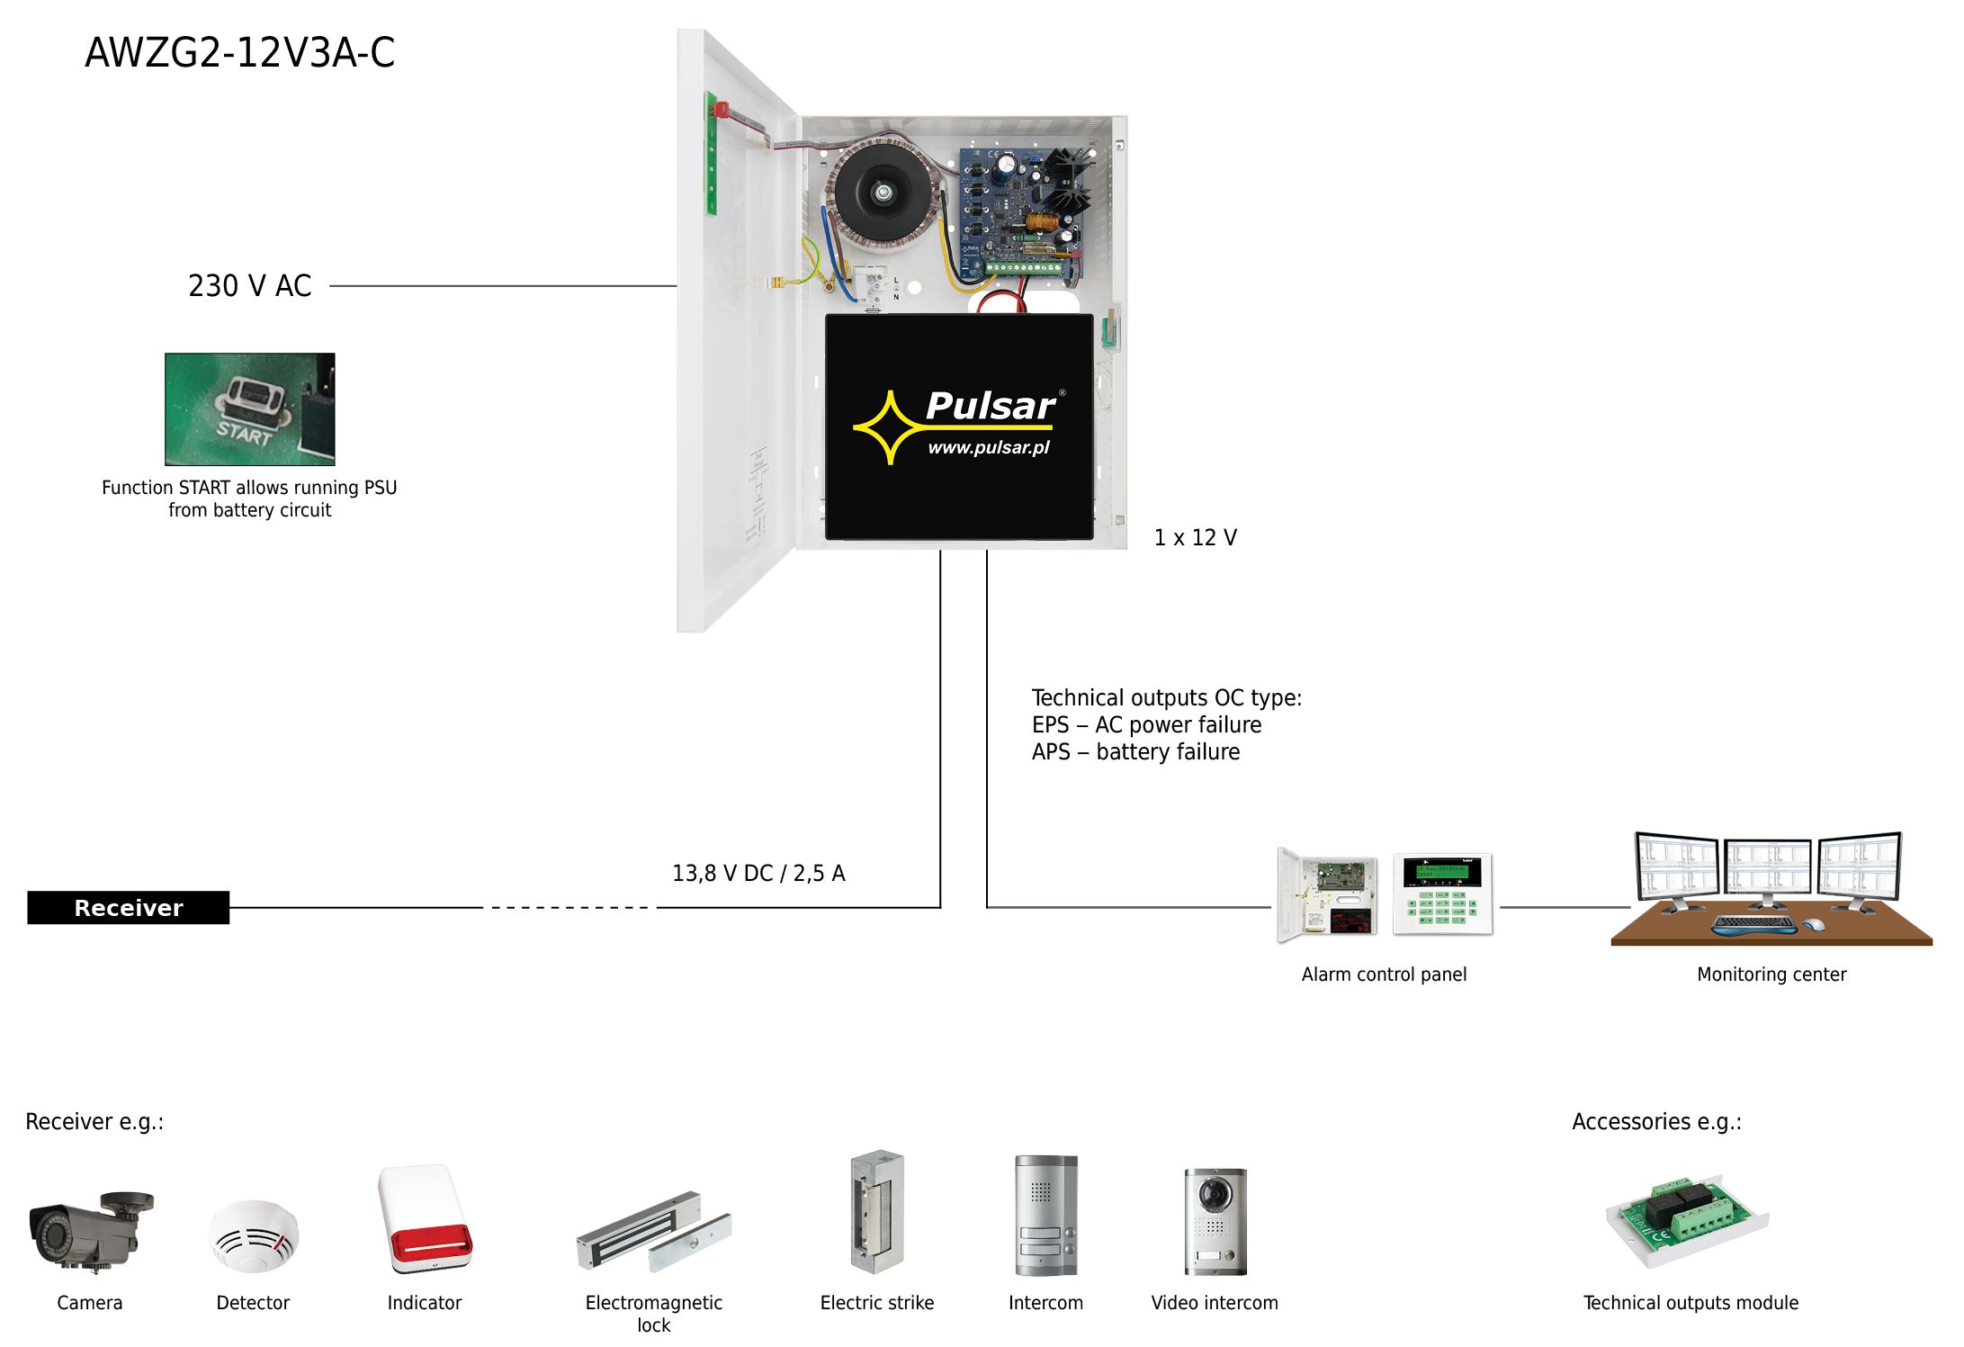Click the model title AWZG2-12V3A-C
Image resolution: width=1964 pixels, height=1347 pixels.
(240, 52)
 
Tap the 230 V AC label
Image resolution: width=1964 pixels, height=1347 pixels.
(249, 286)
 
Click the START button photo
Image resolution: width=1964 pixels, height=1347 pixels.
(249, 409)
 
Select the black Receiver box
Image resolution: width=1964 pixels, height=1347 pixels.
(128, 908)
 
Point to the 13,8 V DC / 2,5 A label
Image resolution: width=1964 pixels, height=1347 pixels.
(758, 874)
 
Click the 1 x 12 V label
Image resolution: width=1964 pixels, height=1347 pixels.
(1195, 538)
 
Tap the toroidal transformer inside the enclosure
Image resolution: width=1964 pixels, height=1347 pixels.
(883, 191)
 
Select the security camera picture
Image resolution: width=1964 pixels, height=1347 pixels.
(90, 1230)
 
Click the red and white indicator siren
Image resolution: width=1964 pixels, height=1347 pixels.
(425, 1218)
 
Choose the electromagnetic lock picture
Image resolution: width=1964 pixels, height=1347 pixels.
(653, 1232)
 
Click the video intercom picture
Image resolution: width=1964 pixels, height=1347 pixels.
(1215, 1221)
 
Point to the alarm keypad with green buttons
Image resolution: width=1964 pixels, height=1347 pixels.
(1442, 894)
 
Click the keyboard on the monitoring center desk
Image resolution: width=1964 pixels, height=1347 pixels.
(1753, 923)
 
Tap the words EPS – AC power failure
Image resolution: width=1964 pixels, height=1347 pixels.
(1146, 725)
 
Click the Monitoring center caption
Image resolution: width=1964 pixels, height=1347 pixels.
(1771, 974)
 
